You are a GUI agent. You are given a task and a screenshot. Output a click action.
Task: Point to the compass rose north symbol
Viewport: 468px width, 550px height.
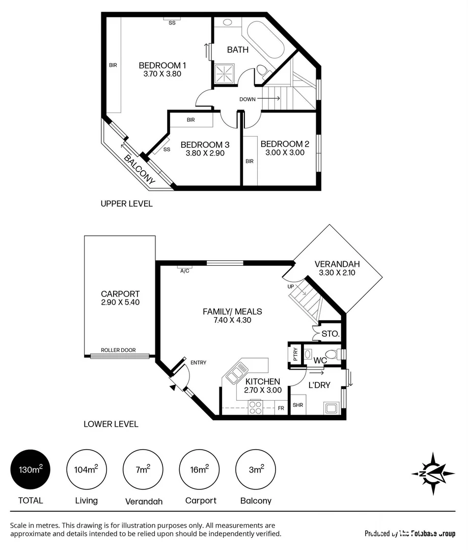tap(432, 474)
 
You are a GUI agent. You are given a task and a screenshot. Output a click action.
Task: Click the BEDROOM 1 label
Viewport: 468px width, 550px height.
tap(162, 66)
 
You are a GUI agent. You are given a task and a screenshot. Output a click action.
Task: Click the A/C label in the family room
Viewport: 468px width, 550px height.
tap(184, 271)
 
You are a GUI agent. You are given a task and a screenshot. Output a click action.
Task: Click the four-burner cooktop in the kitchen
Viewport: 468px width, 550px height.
tap(255, 407)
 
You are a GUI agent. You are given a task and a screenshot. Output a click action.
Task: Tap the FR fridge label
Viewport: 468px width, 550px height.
tap(281, 408)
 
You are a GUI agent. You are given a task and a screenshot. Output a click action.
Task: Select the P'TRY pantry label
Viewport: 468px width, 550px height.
tap(295, 354)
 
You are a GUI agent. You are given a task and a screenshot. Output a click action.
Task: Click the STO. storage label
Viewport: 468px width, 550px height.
tap(327, 335)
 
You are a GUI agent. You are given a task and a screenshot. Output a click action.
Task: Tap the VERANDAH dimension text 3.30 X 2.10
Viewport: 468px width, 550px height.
tap(337, 273)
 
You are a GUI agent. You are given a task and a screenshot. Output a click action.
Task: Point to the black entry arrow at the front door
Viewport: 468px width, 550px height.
tap(173, 388)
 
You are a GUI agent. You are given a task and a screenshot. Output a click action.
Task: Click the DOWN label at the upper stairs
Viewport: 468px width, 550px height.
tap(247, 99)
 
